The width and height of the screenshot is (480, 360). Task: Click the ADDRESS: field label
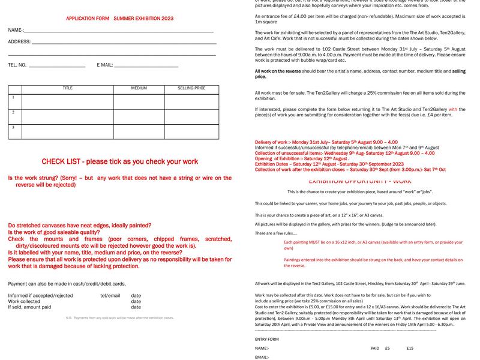pos(19,42)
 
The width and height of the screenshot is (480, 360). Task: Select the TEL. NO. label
pos(17,65)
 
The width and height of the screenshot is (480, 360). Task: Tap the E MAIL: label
pos(105,65)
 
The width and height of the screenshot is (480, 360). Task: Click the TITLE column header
pos(68,88)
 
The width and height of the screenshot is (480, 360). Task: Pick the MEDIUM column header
pos(139,88)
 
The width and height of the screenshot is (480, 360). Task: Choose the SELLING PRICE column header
pos(191,88)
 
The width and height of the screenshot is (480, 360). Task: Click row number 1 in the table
pos(13,97)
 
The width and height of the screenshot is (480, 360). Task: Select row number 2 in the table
pos(13,112)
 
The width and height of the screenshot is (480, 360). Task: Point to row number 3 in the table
pos(13,127)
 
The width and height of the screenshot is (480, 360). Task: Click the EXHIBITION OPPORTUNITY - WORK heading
pos(360,181)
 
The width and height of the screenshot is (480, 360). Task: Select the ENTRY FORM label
pos(266,339)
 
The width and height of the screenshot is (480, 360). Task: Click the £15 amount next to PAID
pos(410,348)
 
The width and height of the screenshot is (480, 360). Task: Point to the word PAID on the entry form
pos(375,348)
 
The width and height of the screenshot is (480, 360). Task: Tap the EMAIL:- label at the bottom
pos(262,357)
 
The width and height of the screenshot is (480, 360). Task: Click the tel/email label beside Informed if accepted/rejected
pos(110,296)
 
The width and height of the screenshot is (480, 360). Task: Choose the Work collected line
pos(24,301)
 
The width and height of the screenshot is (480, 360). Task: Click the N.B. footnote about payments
pos(120,318)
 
